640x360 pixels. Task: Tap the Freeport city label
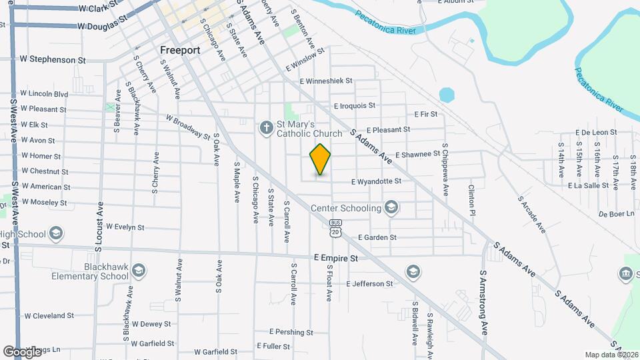coord(181,50)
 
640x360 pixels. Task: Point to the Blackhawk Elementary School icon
coord(139,271)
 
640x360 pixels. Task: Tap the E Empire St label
coord(336,257)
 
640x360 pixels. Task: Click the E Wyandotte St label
coord(376,181)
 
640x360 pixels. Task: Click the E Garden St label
coord(377,237)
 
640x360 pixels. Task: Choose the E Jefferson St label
coord(369,284)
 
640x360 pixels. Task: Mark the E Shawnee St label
coord(417,155)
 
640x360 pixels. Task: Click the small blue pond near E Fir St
coord(446,95)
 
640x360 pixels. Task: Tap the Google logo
coord(22,351)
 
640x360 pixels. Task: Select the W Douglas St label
coord(101,25)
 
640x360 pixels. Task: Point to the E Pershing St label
coord(291,332)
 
